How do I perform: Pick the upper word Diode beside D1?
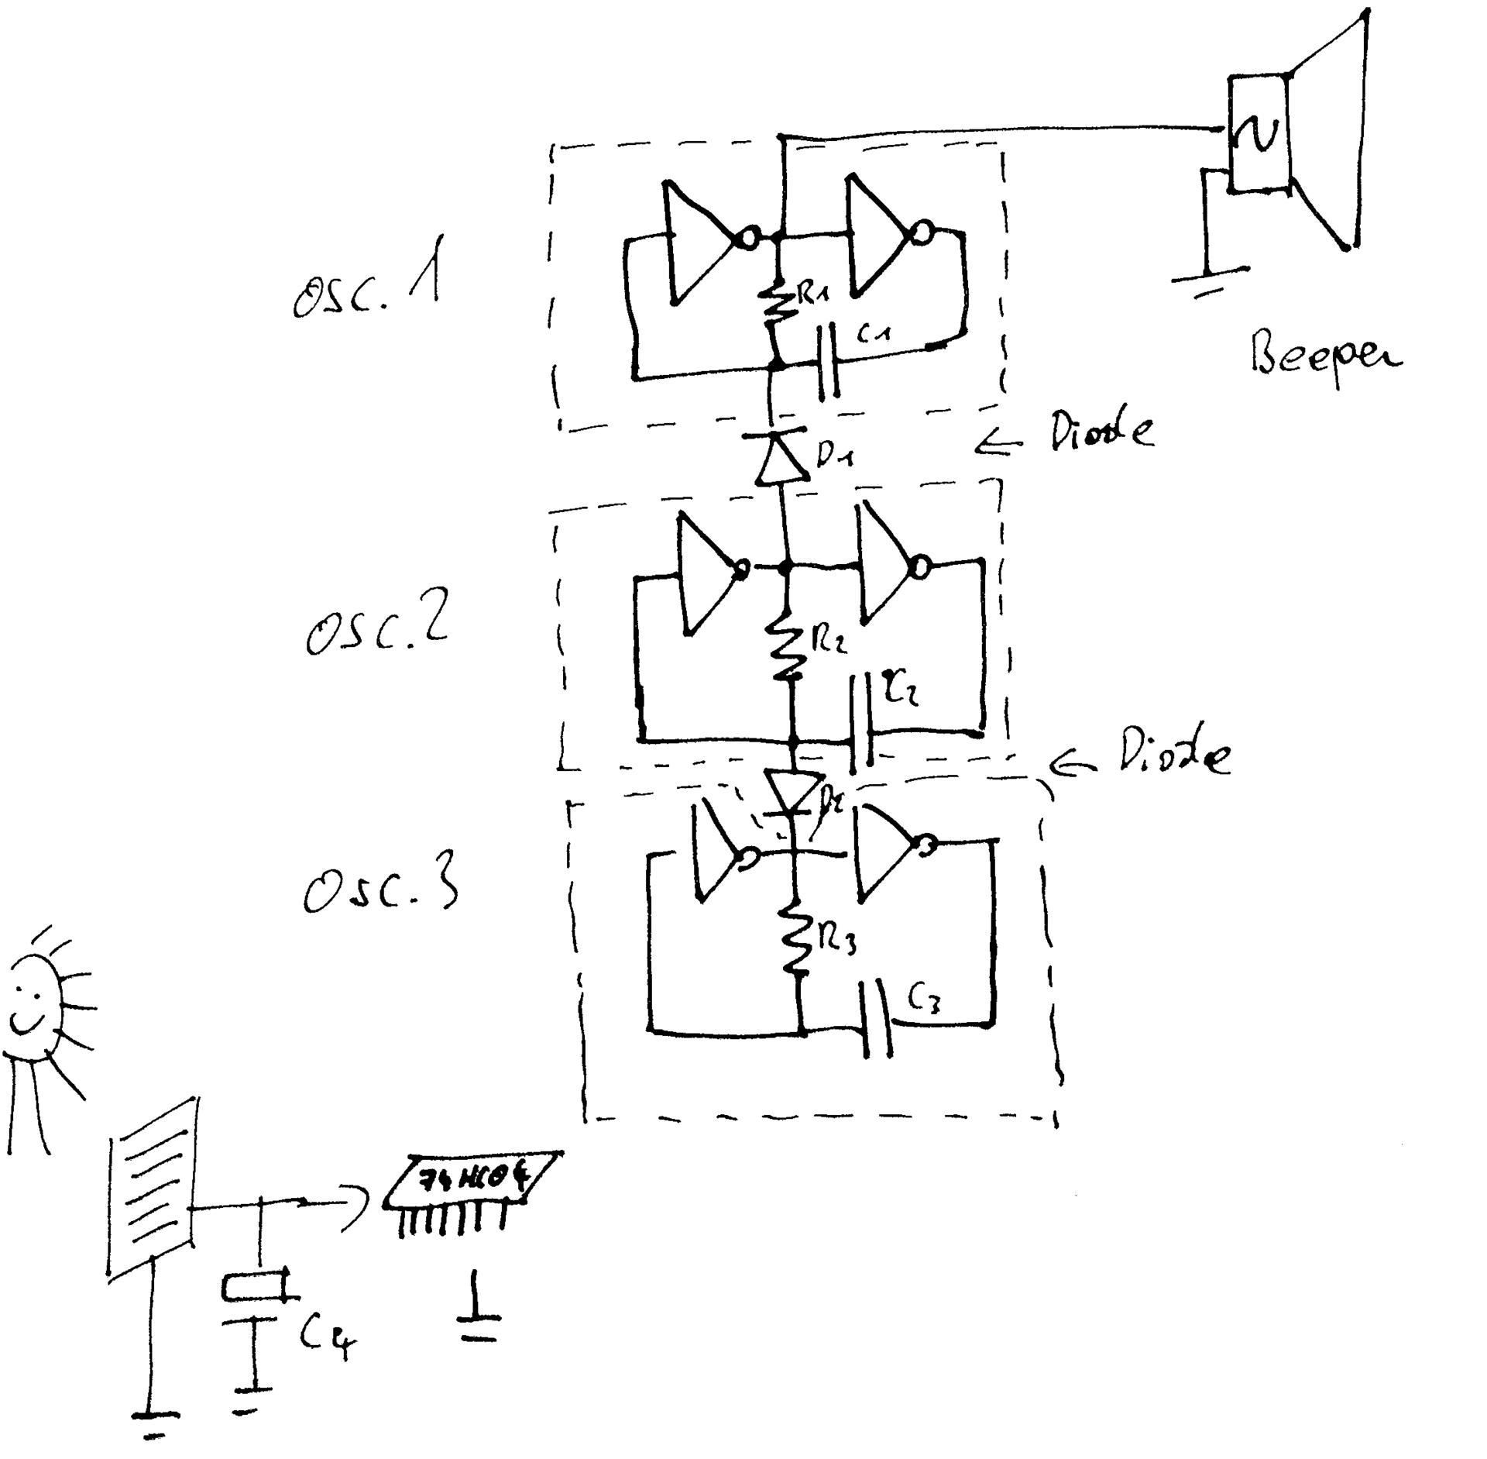[x=1101, y=432]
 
